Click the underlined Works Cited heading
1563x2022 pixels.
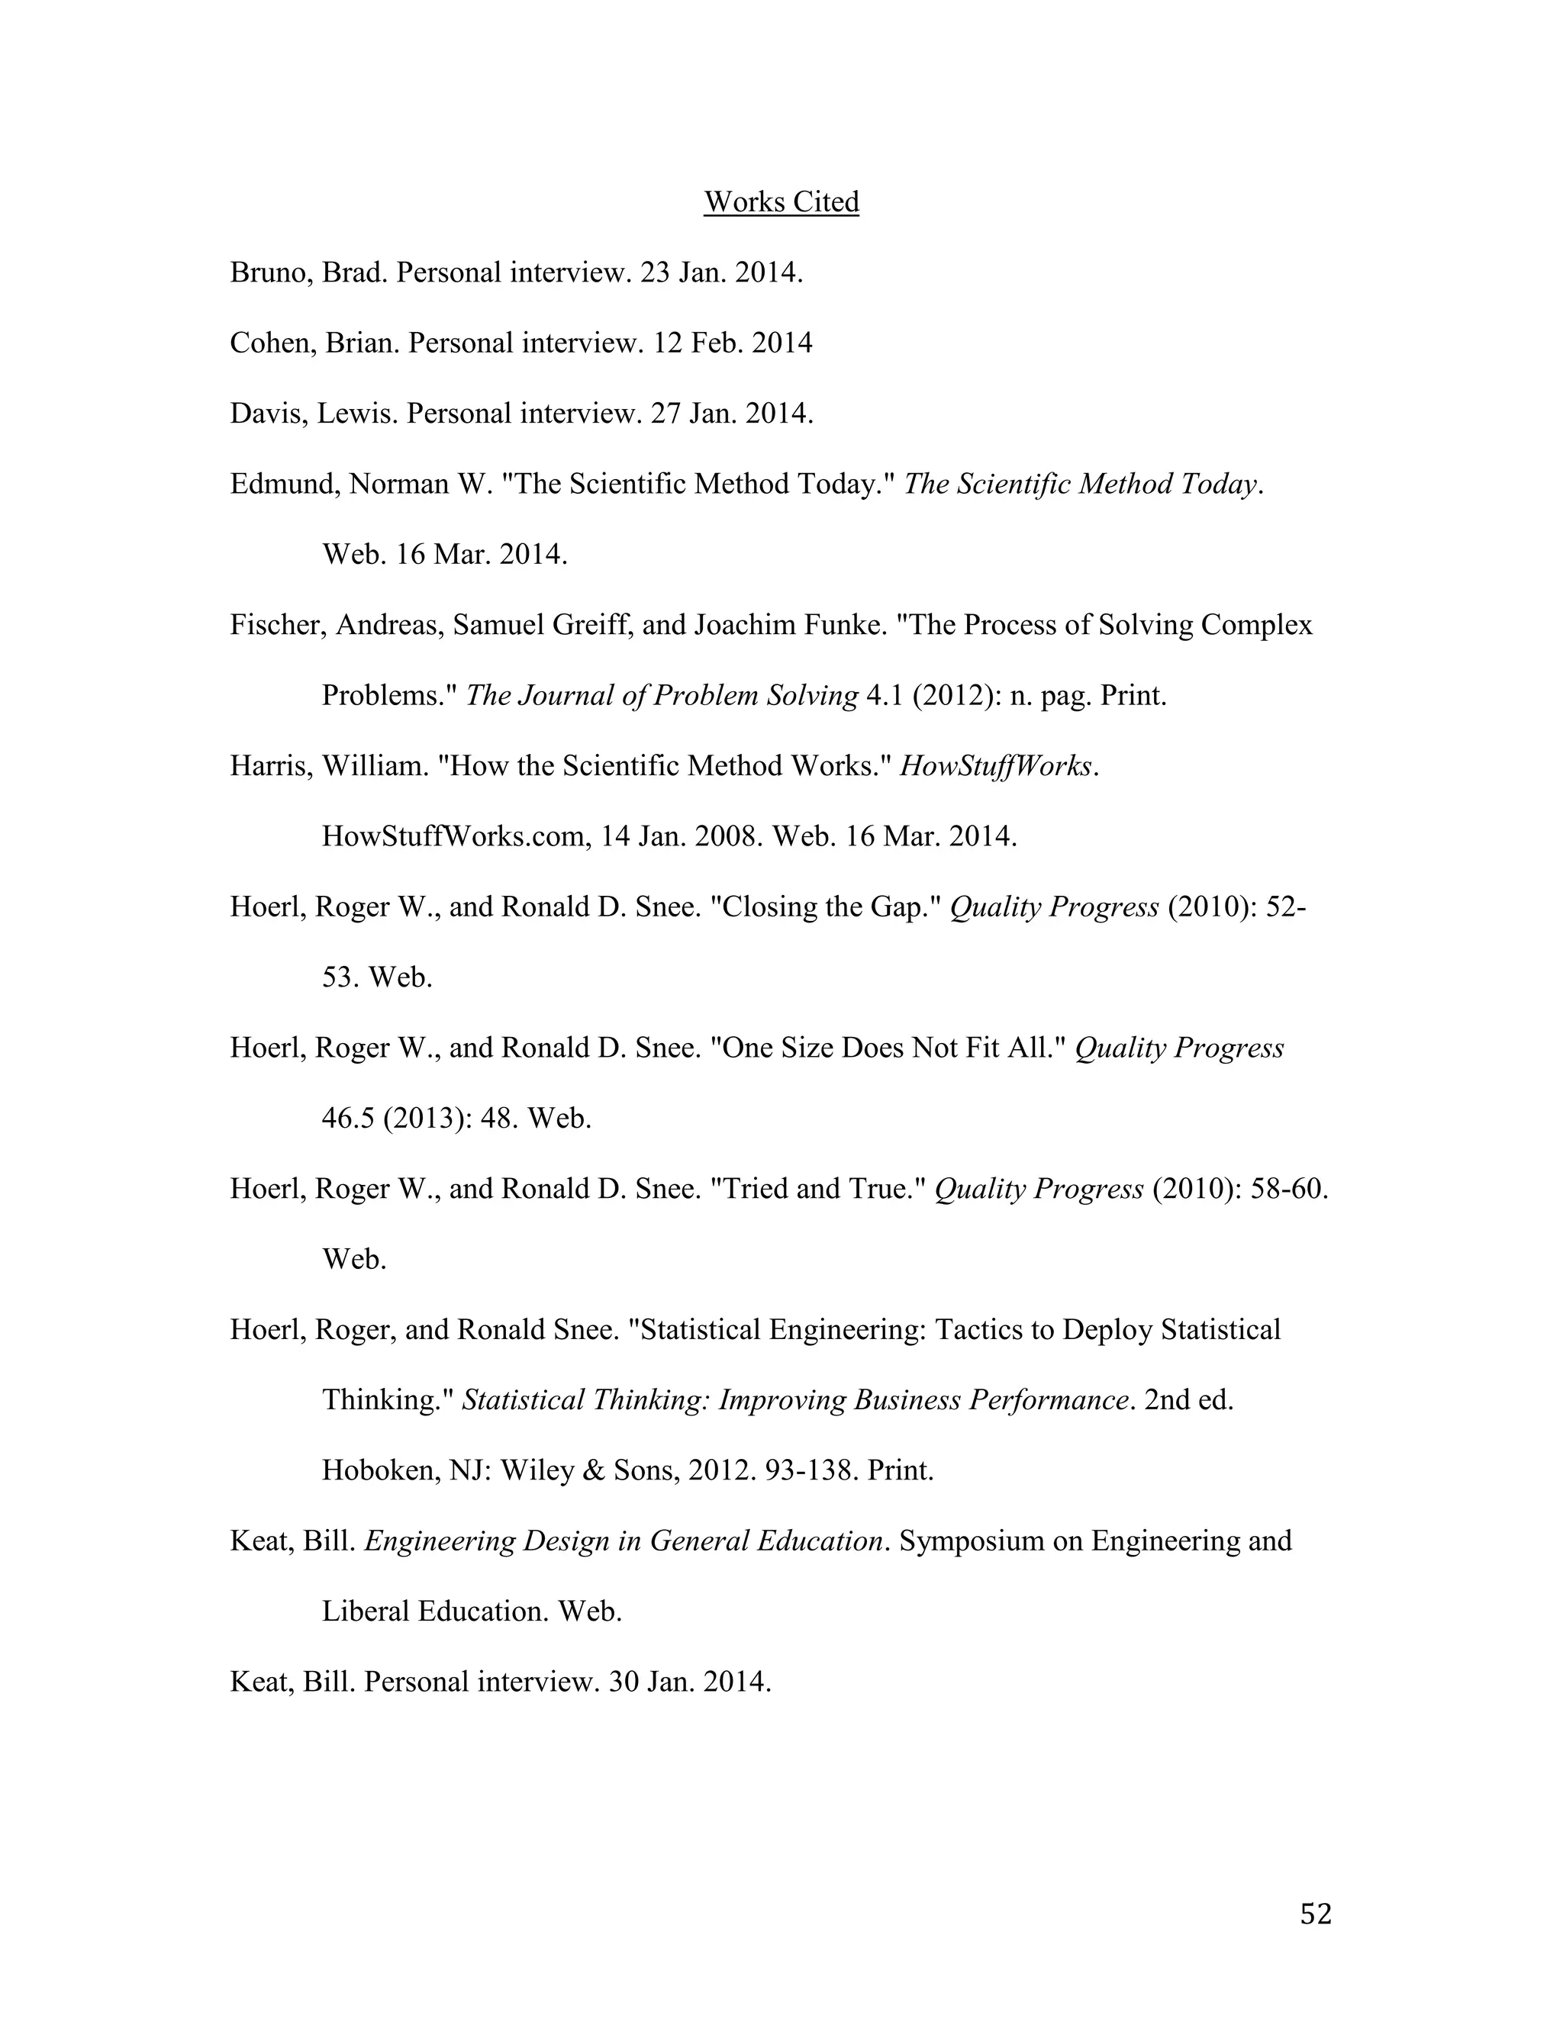781,202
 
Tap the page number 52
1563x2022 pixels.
1315,1914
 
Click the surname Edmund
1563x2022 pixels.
283,485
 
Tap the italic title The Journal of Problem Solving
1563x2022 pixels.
661,695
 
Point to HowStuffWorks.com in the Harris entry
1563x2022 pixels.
456,837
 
